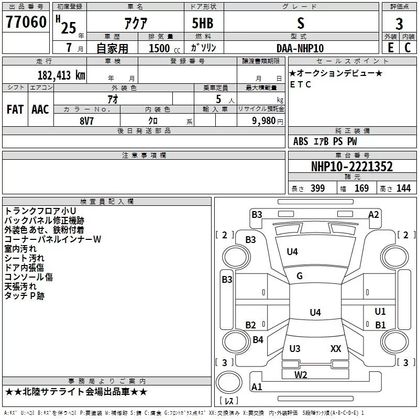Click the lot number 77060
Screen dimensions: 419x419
[25, 23]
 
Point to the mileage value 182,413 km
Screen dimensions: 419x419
[61, 75]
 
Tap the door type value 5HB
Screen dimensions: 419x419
[203, 23]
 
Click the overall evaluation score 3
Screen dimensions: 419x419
[399, 24]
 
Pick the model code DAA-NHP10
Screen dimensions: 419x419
[300, 48]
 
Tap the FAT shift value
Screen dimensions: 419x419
[15, 109]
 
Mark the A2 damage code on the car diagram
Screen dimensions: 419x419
[373, 214]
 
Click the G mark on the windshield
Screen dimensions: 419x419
[300, 276]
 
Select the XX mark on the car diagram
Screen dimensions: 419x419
[336, 348]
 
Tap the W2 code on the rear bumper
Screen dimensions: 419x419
[301, 374]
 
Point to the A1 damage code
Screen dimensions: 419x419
[257, 387]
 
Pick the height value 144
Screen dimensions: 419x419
[403, 189]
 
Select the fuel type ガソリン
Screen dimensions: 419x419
[204, 48]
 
